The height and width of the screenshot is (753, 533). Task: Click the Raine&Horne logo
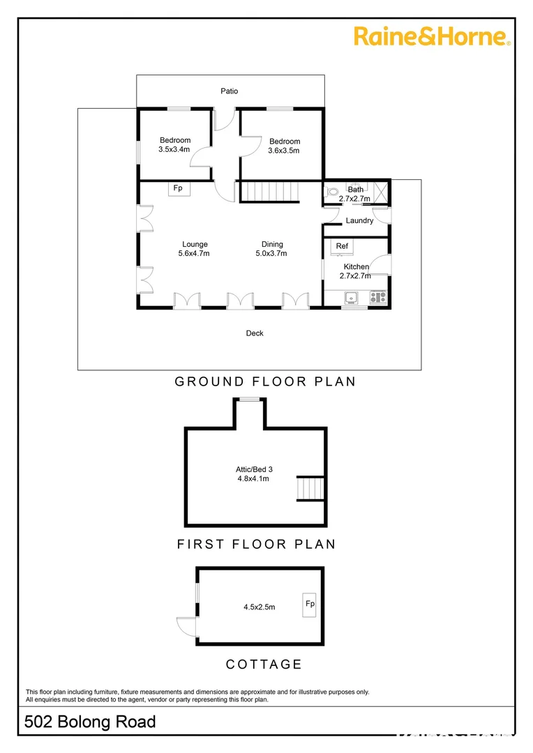433,36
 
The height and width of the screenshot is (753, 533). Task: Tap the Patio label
230,91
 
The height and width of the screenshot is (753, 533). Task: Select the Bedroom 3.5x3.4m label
174,145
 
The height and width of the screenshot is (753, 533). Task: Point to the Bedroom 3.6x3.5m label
284,146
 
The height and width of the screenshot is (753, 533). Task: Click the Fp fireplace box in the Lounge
178,188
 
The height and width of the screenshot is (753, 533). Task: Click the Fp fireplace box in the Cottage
308,604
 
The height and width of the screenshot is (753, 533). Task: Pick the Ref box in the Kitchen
342,247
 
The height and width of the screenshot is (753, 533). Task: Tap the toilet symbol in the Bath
332,191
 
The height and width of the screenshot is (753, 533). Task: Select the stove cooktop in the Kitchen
378,297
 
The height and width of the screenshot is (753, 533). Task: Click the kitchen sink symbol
352,298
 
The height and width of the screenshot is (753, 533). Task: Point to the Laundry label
359,221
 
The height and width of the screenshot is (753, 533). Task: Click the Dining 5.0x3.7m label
272,249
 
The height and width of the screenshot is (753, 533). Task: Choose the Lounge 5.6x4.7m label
195,249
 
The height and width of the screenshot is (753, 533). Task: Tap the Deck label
255,334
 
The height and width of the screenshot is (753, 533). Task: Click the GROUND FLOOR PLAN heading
265,381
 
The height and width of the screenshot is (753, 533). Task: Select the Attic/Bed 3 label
254,474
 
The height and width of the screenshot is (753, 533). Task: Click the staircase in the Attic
311,488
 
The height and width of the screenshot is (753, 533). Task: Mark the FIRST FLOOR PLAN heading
256,544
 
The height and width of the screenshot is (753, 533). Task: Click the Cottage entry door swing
187,627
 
